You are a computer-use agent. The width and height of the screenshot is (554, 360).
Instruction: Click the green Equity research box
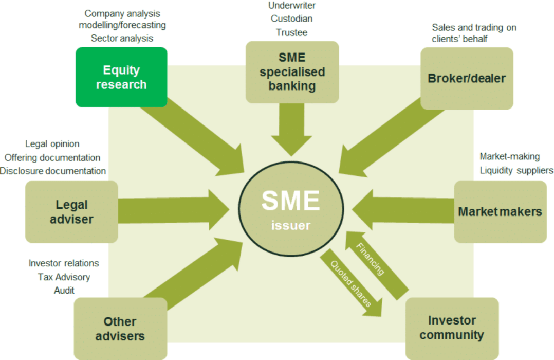tap(121, 77)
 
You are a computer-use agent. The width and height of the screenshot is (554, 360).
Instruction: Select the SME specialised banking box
tap(292, 71)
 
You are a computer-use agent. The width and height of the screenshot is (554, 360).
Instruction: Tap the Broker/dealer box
tap(467, 78)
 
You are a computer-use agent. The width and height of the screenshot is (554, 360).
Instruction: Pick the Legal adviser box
tap(71, 212)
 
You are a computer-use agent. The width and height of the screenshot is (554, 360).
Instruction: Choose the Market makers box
tap(500, 212)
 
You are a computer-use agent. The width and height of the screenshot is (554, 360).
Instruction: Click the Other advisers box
tap(120, 329)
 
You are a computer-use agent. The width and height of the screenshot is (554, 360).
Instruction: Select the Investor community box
tap(452, 328)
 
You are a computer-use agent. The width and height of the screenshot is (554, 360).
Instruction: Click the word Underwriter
tap(292, 6)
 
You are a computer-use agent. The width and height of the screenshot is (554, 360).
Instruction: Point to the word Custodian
tap(292, 19)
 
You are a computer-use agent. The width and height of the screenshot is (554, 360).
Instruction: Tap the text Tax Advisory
tap(64, 277)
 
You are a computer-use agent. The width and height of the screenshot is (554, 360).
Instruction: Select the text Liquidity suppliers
tap(516, 170)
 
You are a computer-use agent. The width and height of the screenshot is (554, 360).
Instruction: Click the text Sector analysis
tap(122, 38)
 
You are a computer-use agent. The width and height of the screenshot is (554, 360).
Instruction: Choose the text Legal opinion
tap(52, 144)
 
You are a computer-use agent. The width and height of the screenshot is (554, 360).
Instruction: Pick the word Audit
tap(64, 291)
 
